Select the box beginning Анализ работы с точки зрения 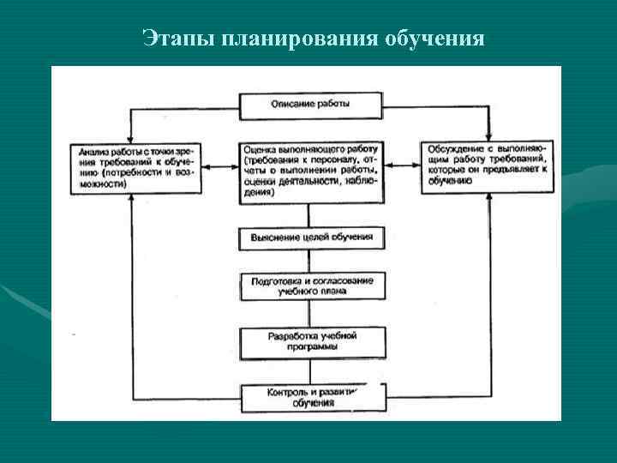136,166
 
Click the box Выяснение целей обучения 310,237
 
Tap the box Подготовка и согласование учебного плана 310,285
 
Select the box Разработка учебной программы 310,342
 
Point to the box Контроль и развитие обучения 310,397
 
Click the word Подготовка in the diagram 276,280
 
